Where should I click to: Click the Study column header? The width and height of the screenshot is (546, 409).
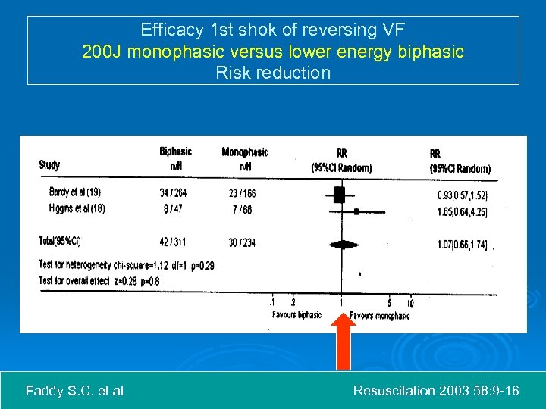click(49, 165)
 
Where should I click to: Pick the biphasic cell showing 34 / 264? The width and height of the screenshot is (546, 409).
click(174, 193)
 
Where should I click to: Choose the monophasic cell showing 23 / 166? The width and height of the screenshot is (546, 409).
click(243, 193)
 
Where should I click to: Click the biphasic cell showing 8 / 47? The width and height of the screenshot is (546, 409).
click(174, 209)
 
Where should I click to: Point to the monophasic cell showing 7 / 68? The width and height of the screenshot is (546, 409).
click(242, 209)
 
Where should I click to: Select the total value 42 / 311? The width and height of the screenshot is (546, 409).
click(174, 242)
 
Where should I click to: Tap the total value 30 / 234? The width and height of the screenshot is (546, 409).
click(243, 242)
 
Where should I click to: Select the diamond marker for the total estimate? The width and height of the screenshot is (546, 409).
click(344, 244)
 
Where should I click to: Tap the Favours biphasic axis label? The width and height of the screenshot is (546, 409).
click(297, 315)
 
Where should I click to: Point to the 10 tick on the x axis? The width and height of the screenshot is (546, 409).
click(411, 304)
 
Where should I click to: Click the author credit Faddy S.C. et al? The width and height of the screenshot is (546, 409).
click(74, 391)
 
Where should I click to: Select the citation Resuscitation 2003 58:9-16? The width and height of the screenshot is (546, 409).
click(436, 391)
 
